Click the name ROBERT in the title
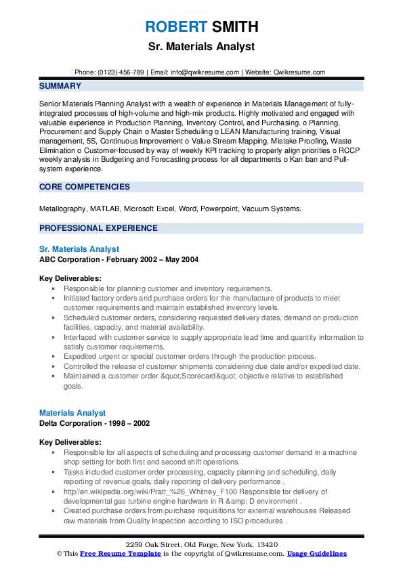click(175, 28)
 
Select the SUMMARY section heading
click(60, 86)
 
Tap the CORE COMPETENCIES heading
click(85, 187)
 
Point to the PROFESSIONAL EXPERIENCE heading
click(98, 228)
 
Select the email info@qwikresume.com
click(206, 72)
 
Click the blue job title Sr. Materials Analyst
click(79, 249)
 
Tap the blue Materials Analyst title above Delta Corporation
click(72, 412)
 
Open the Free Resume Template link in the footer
click(120, 554)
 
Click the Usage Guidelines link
click(317, 554)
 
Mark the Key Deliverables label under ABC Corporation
click(70, 278)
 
